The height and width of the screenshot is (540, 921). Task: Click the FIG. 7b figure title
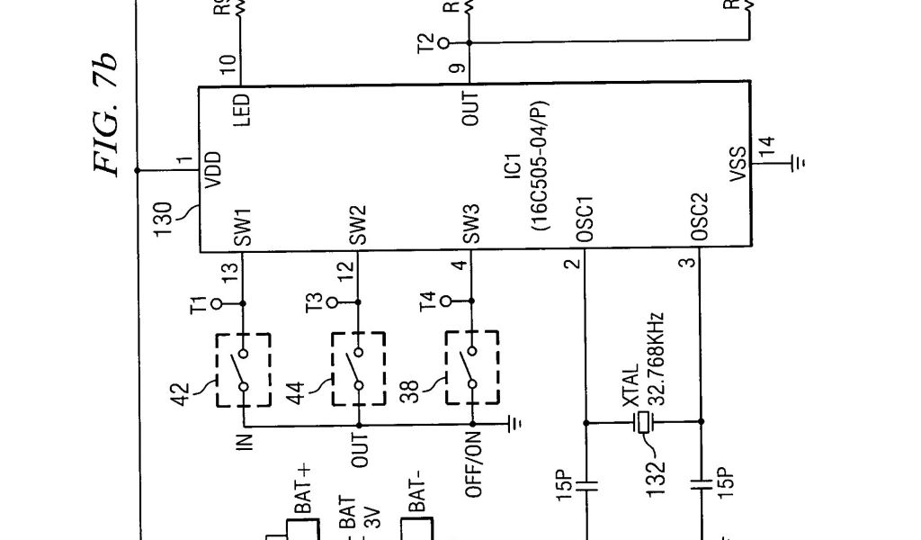(106, 115)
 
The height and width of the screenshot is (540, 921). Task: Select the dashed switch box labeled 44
(358, 369)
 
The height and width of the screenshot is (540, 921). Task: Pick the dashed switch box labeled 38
(472, 369)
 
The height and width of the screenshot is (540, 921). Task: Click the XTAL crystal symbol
(642, 421)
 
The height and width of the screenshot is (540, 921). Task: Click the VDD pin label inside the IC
(213, 169)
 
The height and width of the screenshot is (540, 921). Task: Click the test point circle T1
(216, 304)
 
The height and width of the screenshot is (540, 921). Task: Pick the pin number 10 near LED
(228, 65)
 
